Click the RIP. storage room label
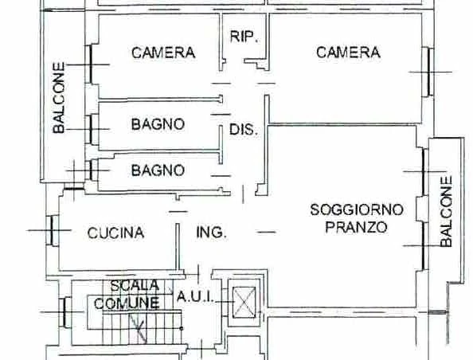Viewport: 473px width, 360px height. [244, 37]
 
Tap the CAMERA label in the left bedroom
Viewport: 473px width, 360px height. [163, 53]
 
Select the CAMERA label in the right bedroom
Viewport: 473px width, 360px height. [348, 53]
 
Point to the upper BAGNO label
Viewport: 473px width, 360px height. [158, 124]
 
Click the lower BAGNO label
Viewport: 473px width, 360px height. [158, 170]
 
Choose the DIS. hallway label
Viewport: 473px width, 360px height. [244, 130]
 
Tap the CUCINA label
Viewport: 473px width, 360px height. [115, 233]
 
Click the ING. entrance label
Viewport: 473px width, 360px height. [211, 233]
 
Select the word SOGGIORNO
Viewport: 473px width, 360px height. [357, 209]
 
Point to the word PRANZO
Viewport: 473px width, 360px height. [356, 227]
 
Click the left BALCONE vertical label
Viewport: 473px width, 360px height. [58, 98]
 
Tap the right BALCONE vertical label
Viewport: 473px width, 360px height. [447, 211]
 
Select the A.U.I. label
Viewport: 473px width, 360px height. [195, 296]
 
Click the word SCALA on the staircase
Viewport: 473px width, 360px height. [135, 285]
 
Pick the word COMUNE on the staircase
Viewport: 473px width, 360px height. [127, 303]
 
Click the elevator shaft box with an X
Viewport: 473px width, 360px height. [244, 302]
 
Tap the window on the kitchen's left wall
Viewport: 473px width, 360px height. [51, 230]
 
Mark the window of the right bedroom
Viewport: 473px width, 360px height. [428, 72]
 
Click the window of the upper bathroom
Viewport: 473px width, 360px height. [92, 129]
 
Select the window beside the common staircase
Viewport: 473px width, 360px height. [65, 312]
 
